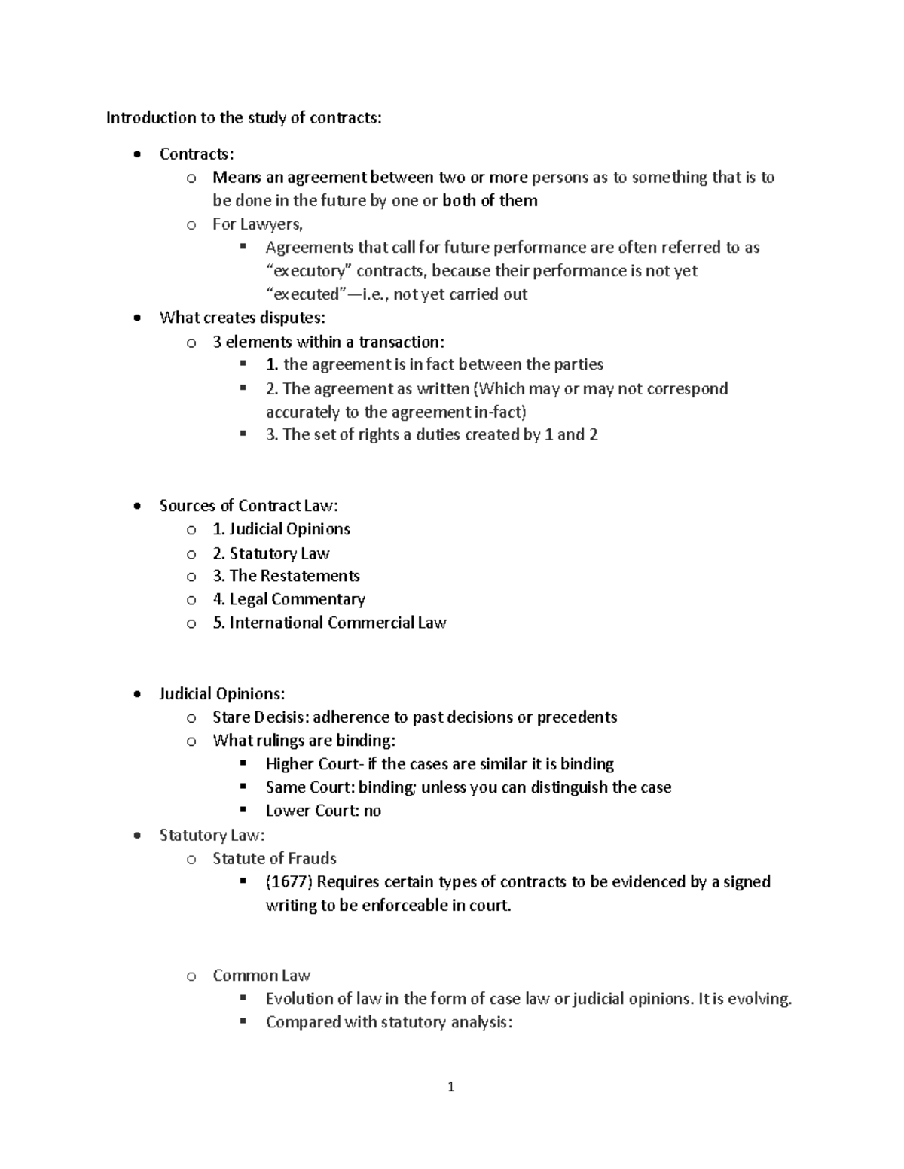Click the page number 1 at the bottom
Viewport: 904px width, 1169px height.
click(x=450, y=1087)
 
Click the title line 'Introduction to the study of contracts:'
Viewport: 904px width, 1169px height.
click(x=243, y=117)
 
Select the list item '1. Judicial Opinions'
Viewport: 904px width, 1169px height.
click(x=281, y=529)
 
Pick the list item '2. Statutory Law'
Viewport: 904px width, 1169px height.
click(x=270, y=553)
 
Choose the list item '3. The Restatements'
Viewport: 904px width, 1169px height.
click(x=286, y=576)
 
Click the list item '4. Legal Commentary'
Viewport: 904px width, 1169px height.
click(x=289, y=599)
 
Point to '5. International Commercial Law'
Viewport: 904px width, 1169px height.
click(x=329, y=623)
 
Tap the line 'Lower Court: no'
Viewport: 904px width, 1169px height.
click(x=323, y=811)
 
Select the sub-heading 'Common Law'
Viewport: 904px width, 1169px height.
click(x=261, y=976)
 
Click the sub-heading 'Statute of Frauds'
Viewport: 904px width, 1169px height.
click(x=274, y=858)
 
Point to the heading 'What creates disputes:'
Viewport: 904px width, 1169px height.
click(x=242, y=318)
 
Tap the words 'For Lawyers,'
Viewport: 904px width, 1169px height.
click(x=257, y=224)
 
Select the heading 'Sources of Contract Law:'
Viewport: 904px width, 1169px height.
click(x=249, y=506)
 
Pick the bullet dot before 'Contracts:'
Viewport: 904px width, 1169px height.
click(x=136, y=155)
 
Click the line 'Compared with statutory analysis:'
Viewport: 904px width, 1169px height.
click(x=389, y=1022)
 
